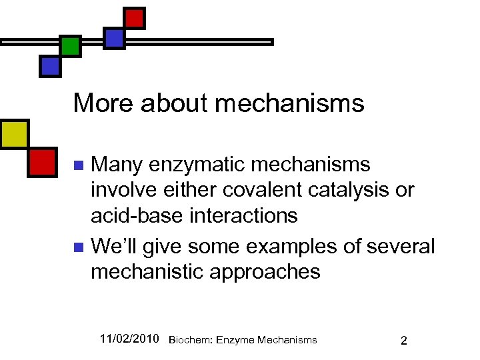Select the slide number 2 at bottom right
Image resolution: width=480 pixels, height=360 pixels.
404,340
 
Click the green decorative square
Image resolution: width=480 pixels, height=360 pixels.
70,46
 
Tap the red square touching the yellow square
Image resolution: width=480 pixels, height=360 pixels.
41,161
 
